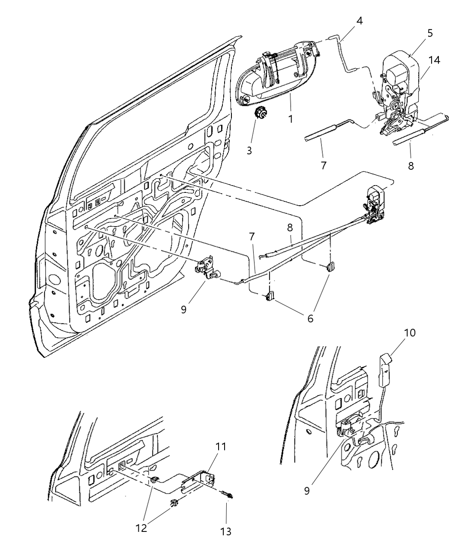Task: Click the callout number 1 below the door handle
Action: tap(291, 119)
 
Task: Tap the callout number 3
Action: tap(249, 150)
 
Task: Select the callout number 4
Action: tap(359, 21)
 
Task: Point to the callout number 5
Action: tap(430, 33)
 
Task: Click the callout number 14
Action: tap(434, 60)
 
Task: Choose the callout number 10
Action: tap(410, 333)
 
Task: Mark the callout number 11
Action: tap(221, 447)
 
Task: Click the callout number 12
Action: tap(141, 528)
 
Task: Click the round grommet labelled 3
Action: tap(260, 114)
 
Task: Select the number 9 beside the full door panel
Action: tap(183, 309)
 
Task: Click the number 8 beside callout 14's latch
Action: tap(411, 166)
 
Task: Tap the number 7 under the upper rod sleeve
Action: tap(324, 165)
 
